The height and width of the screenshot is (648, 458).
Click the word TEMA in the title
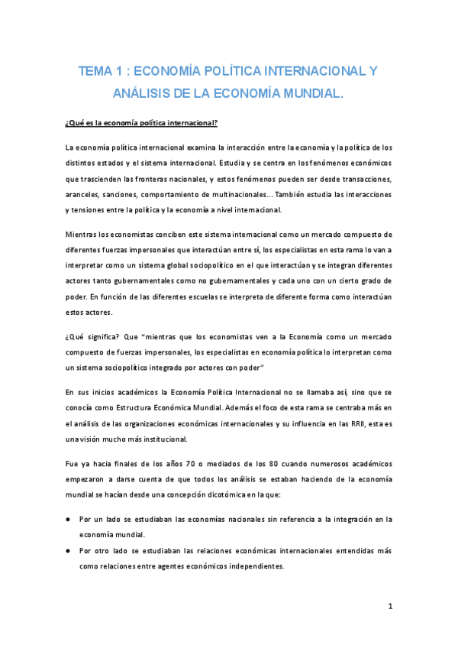point(95,72)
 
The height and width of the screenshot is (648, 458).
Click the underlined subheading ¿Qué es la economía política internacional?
point(141,122)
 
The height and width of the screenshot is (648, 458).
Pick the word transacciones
point(363,179)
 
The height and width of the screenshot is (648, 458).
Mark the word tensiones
point(93,209)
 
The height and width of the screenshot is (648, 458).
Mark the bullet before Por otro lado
point(69,550)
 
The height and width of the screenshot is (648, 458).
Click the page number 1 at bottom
point(390,607)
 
